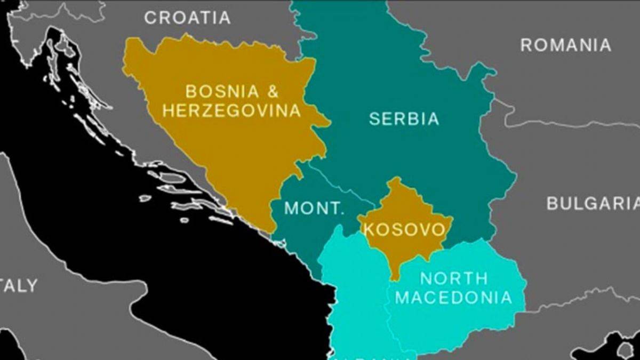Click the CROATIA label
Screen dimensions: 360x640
click(x=187, y=18)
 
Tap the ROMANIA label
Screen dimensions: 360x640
click(x=565, y=45)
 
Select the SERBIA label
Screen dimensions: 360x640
click(x=404, y=118)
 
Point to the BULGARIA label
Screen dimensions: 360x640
click(x=593, y=203)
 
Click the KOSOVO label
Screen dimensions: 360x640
click(x=404, y=229)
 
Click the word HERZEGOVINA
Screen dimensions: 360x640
click(x=231, y=111)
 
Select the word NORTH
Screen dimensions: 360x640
click(x=454, y=278)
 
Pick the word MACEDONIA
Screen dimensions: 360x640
click(x=453, y=297)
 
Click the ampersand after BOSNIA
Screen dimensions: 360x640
click(x=272, y=91)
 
